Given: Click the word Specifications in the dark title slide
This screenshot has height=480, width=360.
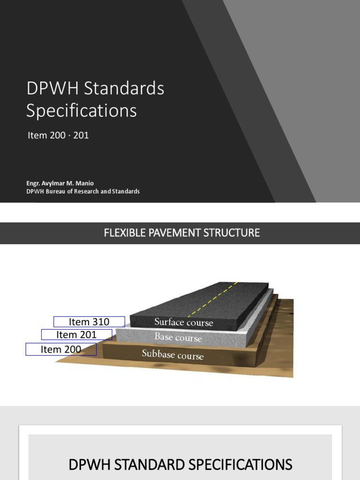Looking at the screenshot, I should (81, 111).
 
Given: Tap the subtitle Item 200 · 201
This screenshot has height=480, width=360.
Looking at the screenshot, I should (58, 135).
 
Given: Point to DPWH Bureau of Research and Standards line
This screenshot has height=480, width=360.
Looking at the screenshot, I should (82, 191).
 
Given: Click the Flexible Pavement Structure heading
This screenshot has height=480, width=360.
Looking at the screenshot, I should (182, 232).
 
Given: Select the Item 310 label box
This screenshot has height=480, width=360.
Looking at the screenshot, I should (89, 322).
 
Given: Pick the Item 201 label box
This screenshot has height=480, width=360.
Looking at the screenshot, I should (76, 335).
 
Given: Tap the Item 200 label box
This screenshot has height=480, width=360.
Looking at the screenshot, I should (61, 349).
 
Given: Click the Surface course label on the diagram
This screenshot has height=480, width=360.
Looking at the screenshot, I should (184, 322).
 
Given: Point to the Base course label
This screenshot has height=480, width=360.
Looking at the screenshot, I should (178, 337).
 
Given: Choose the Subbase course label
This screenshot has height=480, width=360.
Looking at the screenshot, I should (173, 355).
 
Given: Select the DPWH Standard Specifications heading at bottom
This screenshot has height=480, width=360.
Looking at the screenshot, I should (180, 465).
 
